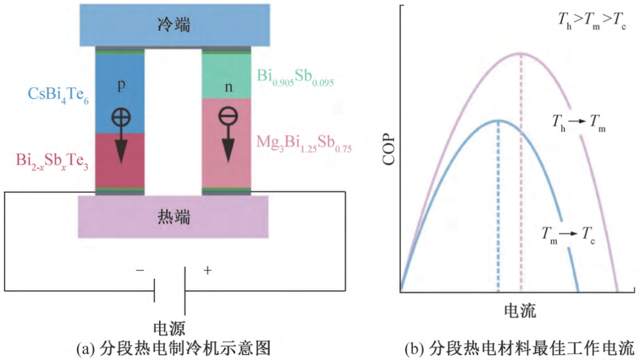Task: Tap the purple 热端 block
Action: (174, 216)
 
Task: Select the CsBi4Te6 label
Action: (57, 94)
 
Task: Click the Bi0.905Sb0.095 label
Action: (295, 77)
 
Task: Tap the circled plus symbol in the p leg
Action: (121, 117)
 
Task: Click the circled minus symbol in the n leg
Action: (227, 117)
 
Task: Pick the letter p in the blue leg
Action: (121, 85)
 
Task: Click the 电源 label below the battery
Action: (170, 327)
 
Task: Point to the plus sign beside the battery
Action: (207, 271)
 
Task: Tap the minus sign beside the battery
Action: (140, 271)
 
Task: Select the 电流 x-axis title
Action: (520, 310)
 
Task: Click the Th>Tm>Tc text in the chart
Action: (592, 20)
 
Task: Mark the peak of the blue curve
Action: (498, 120)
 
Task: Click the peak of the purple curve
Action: (521, 53)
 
